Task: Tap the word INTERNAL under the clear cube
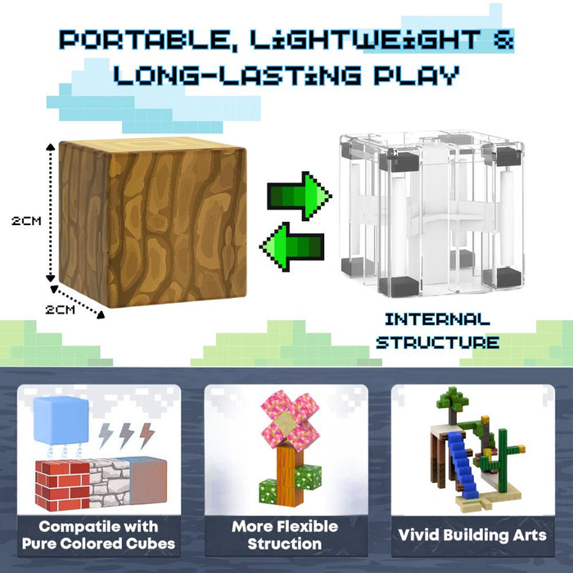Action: (x=437, y=319)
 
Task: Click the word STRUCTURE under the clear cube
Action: (x=437, y=341)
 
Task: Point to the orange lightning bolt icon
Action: (x=146, y=435)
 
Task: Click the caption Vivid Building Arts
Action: (x=472, y=535)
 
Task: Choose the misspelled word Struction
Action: (x=286, y=544)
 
